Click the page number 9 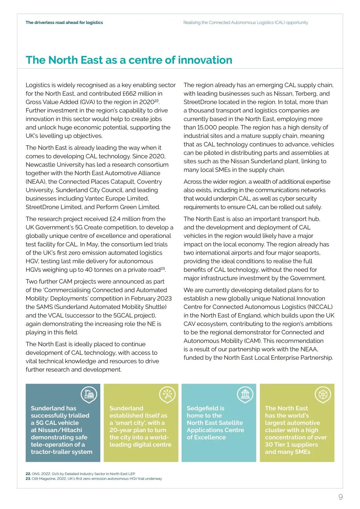pos(340,497)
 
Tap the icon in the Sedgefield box pos(245,394)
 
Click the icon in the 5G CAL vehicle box pos(89,394)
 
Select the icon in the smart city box pos(167,394)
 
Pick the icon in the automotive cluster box pos(323,394)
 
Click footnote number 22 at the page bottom pos(28,474)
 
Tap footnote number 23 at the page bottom pos(28,479)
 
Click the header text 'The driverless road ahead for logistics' pos(64,23)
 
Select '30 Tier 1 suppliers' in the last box pos(291,445)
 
